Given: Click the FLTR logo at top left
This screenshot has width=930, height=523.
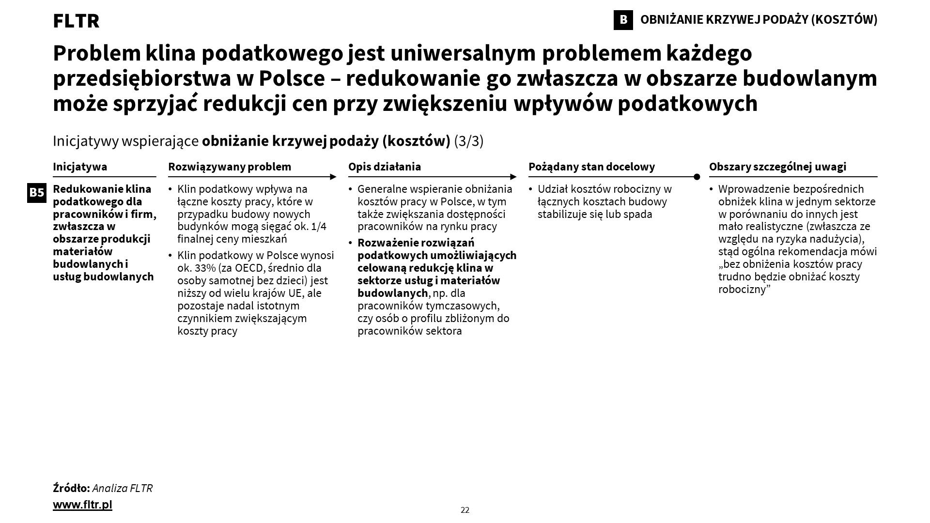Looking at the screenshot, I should (x=76, y=21).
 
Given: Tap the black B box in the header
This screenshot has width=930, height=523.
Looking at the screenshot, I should (x=623, y=20).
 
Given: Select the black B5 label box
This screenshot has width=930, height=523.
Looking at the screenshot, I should (x=37, y=193).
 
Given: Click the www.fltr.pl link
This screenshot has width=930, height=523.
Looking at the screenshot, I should (x=82, y=505).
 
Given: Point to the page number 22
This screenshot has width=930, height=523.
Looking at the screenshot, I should (x=465, y=510).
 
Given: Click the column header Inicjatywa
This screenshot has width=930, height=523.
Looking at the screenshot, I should (x=80, y=167).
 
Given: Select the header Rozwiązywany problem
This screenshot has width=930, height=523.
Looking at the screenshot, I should (x=230, y=167).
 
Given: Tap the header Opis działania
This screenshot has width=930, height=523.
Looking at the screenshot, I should (x=385, y=167).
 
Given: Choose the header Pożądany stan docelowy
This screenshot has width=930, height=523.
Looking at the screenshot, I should (x=591, y=167).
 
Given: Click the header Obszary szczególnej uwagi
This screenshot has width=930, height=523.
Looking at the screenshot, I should (x=777, y=167).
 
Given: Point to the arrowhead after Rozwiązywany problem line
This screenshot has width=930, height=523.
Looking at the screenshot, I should (x=333, y=177).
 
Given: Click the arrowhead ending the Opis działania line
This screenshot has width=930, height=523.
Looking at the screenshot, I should (x=513, y=177).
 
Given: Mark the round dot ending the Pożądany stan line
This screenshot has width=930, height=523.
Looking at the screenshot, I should (x=697, y=177).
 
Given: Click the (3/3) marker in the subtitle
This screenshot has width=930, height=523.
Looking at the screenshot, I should (x=468, y=141).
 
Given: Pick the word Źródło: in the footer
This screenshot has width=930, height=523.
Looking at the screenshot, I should (x=71, y=488).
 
